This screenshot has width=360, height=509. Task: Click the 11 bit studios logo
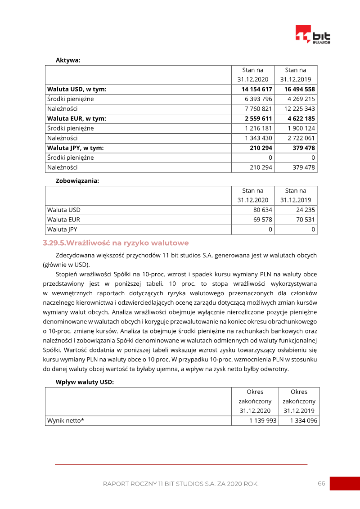point(312,35)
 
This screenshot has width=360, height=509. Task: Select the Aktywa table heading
point(68,60)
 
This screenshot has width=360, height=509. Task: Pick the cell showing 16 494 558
point(299,89)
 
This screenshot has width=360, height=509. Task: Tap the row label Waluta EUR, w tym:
point(76,118)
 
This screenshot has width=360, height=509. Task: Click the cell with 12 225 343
point(299,109)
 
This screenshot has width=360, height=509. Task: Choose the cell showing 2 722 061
point(301,138)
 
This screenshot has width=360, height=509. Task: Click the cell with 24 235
point(306,210)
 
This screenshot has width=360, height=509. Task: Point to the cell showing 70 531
point(306,220)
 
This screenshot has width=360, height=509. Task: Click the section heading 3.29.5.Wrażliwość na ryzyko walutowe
point(116,243)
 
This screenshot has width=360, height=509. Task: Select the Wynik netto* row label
point(66,421)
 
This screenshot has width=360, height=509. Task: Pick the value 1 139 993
point(263,421)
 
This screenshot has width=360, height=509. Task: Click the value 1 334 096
point(303,421)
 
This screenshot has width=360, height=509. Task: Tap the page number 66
point(321,483)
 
